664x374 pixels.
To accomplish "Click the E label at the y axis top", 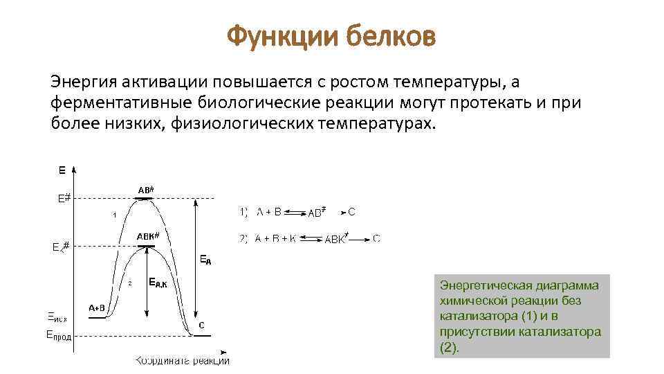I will tap(62, 169).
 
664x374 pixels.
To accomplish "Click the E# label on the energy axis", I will tap(64, 198).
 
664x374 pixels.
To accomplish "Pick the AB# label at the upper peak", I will tap(145, 189).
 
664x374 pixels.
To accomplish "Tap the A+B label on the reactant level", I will tap(97, 308).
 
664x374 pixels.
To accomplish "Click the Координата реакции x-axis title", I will tap(183, 360).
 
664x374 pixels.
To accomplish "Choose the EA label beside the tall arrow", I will tap(205, 260).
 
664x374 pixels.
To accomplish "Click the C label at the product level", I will tap(201, 325).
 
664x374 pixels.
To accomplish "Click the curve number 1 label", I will tap(114, 215).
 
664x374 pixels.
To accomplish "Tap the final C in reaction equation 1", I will tap(351, 211).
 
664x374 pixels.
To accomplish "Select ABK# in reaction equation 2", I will tap(336, 240).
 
